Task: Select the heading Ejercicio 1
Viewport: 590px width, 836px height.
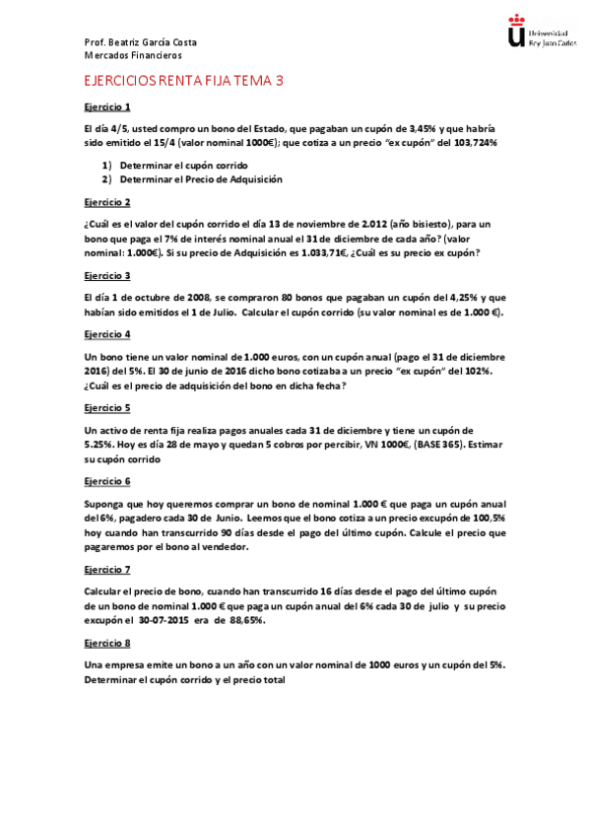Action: pyautogui.click(x=107, y=106)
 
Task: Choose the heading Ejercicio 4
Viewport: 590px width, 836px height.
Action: pyautogui.click(x=107, y=334)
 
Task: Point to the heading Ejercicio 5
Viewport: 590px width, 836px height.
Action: pyautogui.click(x=107, y=407)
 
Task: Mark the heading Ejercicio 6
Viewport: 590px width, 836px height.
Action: pyautogui.click(x=107, y=481)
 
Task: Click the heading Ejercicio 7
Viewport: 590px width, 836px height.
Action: pyautogui.click(x=107, y=570)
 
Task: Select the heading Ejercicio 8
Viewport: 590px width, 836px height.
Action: pyautogui.click(x=107, y=643)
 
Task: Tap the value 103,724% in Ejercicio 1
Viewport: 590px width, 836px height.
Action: pyautogui.click(x=475, y=143)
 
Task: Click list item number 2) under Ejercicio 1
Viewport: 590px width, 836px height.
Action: pyautogui.click(x=105, y=179)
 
